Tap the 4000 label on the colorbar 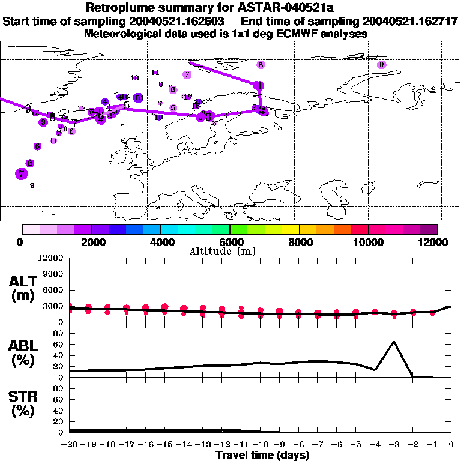tap(160, 242)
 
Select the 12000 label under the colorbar tap(433, 242)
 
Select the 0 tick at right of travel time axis tap(451, 444)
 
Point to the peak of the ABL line tap(394, 342)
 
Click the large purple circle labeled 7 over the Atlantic tap(22, 174)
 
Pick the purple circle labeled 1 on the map tap(259, 86)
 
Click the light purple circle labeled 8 tap(261, 65)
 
